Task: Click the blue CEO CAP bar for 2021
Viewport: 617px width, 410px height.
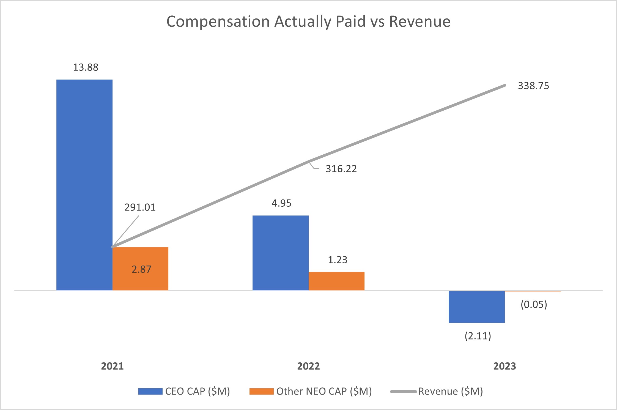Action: pyautogui.click(x=84, y=184)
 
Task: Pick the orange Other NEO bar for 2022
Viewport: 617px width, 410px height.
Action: pyautogui.click(x=336, y=281)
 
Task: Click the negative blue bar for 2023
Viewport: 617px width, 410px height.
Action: pyautogui.click(x=476, y=307)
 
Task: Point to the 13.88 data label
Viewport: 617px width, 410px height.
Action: pyautogui.click(x=86, y=67)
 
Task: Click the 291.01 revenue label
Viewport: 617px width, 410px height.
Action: pyautogui.click(x=140, y=207)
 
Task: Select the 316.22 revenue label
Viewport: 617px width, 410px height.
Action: pyautogui.click(x=341, y=169)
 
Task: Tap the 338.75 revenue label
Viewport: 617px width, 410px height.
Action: pyautogui.click(x=533, y=86)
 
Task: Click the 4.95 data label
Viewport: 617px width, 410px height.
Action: pyautogui.click(x=281, y=203)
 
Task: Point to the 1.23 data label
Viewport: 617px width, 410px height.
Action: pyautogui.click(x=338, y=260)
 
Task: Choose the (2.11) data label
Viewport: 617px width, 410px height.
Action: pyautogui.click(x=478, y=336)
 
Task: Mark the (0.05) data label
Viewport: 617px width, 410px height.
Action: pyautogui.click(x=534, y=304)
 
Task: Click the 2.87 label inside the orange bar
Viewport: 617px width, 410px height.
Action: pyautogui.click(x=141, y=269)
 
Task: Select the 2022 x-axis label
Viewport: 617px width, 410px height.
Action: pyautogui.click(x=308, y=366)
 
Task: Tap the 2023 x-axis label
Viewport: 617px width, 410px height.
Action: pyautogui.click(x=504, y=366)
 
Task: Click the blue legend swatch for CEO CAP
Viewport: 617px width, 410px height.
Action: pyautogui.click(x=150, y=391)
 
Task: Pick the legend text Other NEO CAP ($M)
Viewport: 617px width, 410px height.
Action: pyautogui.click(x=324, y=391)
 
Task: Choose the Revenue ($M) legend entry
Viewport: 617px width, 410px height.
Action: pyautogui.click(x=450, y=391)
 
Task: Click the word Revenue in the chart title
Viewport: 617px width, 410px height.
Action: pyautogui.click(x=420, y=21)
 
